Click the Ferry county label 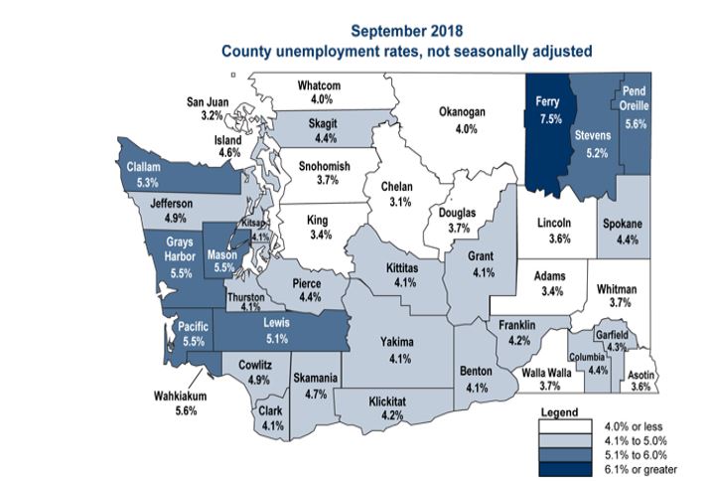tap(549, 101)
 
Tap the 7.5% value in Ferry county tap(549, 117)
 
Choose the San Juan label tap(211, 101)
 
